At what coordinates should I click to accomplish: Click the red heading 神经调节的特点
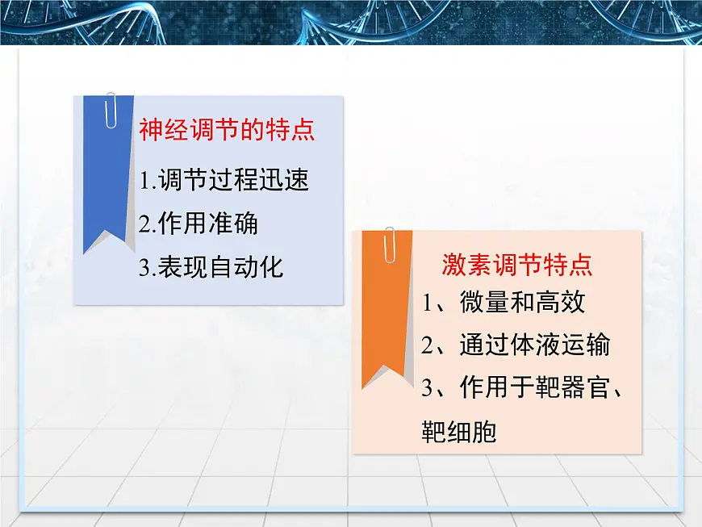[227, 131]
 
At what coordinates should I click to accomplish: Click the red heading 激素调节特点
[517, 265]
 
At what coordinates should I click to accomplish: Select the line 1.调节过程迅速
[224, 180]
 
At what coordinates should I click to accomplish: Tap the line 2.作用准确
[198, 224]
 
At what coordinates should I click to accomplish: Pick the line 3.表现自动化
[211, 267]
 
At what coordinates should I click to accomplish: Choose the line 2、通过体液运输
[516, 345]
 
